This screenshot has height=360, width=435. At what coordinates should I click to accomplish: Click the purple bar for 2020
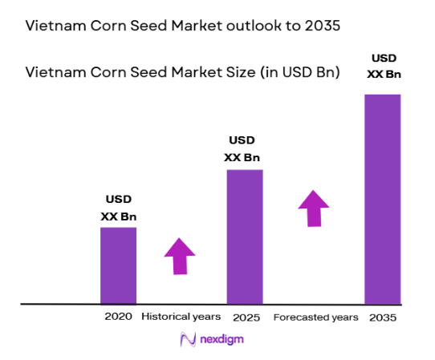point(118,265)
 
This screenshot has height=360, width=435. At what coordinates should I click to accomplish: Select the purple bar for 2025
point(245,237)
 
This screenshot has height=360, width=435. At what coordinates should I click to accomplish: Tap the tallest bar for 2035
point(382,199)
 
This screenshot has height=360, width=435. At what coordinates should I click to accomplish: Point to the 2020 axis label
point(118,317)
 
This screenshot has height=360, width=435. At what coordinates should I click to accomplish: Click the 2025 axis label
point(245,318)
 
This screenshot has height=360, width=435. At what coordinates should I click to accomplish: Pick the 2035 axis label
point(383,318)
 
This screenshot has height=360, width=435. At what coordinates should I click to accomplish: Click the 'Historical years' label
point(181,317)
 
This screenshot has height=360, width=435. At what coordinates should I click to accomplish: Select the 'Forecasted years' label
point(315,318)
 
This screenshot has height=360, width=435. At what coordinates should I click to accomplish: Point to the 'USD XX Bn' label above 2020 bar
point(118,208)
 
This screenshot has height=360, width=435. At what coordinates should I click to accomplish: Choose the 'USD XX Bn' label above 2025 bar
point(245,148)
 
